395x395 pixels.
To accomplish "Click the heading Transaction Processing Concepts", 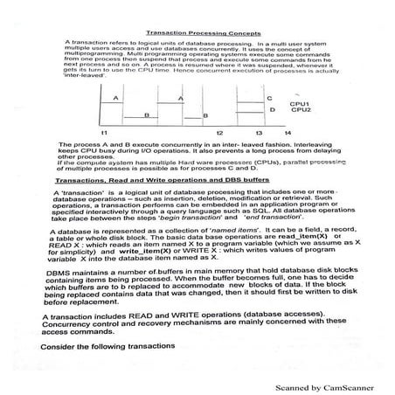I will click(197, 29).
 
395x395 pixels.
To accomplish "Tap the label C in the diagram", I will click(269, 99).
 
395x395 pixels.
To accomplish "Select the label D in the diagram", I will click(272, 110).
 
